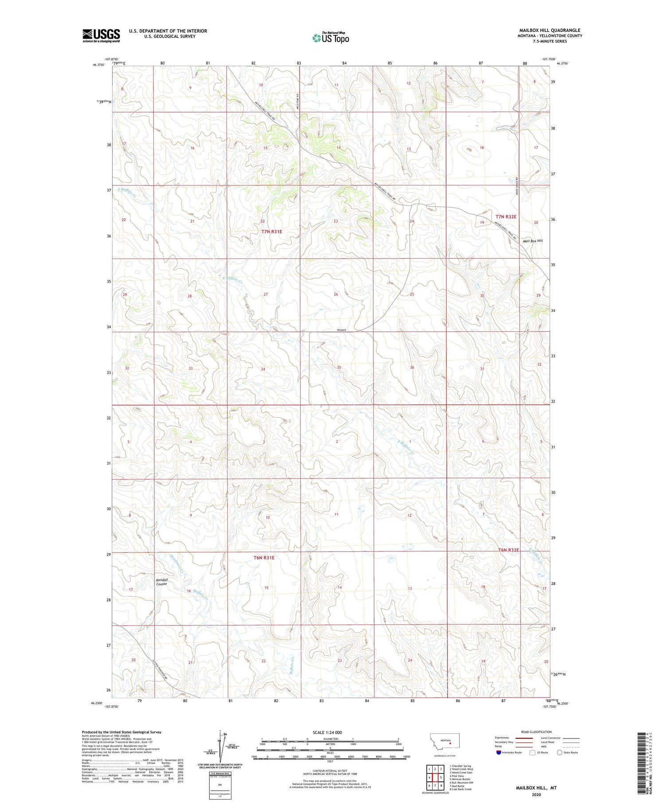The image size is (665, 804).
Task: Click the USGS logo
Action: point(101,35)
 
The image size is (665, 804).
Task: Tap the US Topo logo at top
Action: point(330,38)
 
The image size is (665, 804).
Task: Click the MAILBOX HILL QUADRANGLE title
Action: point(550,30)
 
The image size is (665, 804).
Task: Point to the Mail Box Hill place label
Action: point(532,241)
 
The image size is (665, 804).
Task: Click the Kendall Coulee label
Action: point(161,582)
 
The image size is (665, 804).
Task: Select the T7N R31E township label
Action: point(271,231)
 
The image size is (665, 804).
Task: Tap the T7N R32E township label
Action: point(506,216)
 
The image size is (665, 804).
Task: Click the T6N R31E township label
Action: point(264,557)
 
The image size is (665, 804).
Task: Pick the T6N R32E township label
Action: point(508,550)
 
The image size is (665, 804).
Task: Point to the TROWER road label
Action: point(341,330)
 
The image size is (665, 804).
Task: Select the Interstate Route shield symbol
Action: point(499,752)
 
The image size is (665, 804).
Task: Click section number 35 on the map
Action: point(339,368)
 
